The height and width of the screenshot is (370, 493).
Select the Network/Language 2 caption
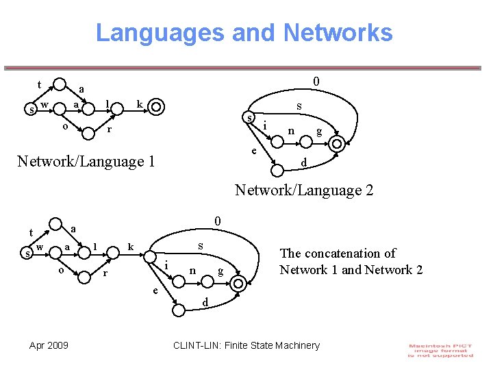(304, 190)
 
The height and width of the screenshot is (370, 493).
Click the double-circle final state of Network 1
(156, 106)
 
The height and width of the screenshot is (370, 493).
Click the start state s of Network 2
(251, 119)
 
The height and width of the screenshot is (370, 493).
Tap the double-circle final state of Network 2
(337, 144)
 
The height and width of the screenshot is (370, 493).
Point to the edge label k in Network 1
(139, 103)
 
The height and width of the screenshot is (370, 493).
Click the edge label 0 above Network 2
(316, 81)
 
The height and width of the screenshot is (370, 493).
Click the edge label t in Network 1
(39, 85)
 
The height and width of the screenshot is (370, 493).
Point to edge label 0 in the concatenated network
(216, 221)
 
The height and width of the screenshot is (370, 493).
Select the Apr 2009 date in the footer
(49, 345)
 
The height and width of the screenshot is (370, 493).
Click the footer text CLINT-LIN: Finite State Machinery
(246, 345)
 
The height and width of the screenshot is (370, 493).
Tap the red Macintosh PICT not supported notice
(440, 350)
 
